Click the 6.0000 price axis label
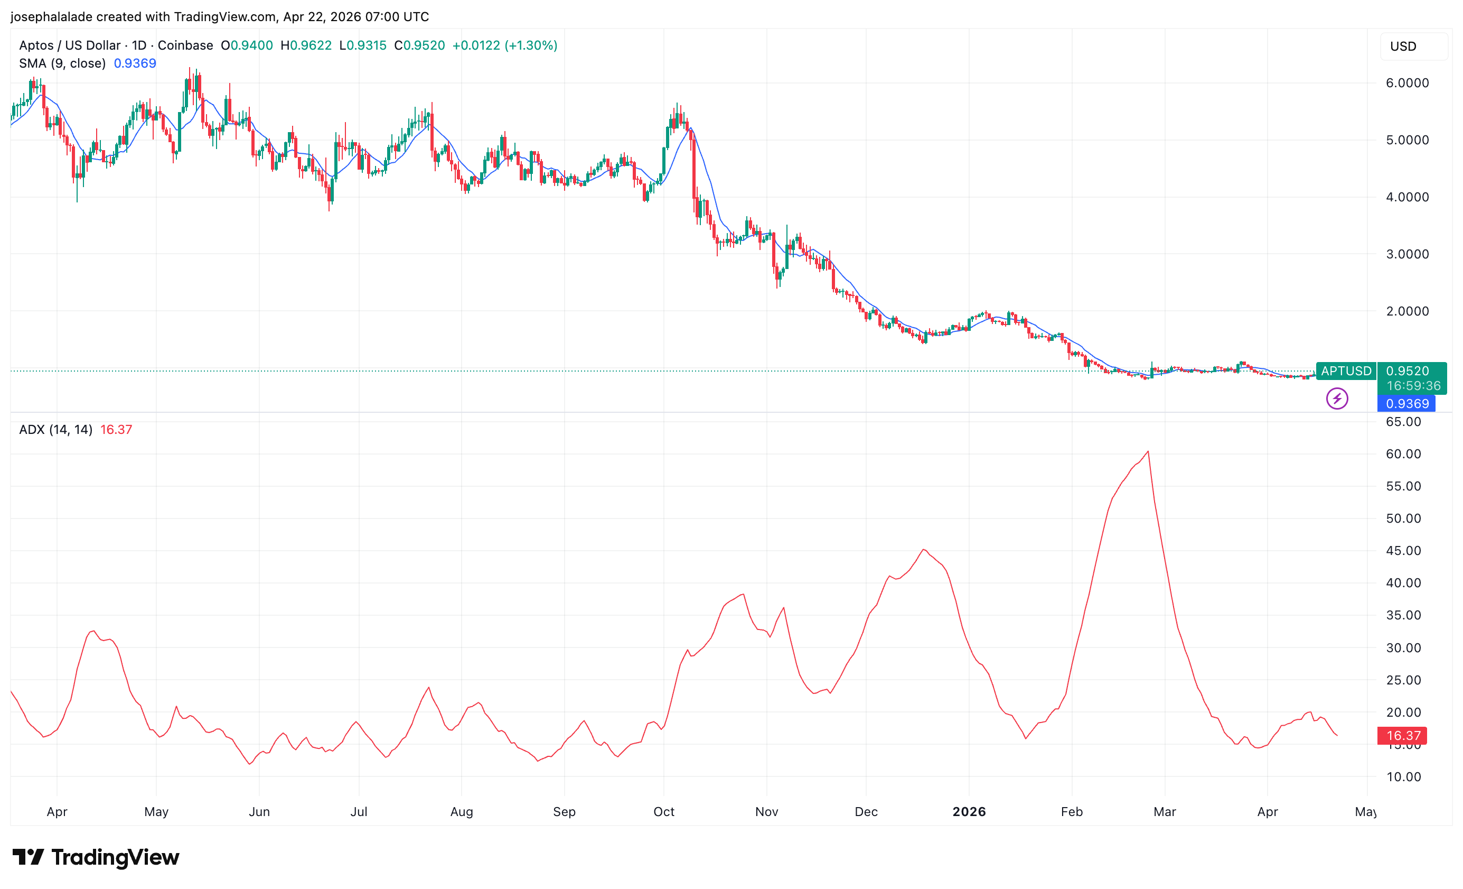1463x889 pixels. coord(1406,82)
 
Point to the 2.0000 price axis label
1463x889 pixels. coord(1406,311)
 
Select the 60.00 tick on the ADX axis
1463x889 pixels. coord(1403,454)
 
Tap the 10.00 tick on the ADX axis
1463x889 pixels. coord(1403,777)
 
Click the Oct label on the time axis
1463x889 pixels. coord(663,812)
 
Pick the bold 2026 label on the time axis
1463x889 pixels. coord(969,812)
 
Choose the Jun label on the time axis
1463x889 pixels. coord(259,812)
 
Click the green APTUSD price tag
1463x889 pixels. coord(1345,371)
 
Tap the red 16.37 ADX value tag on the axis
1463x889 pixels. coord(1402,736)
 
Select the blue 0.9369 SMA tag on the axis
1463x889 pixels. coord(1406,403)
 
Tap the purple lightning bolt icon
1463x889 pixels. coord(1337,398)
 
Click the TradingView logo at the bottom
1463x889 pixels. coord(96,857)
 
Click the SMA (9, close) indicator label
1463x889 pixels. coord(62,63)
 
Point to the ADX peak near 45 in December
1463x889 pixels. coord(924,550)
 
